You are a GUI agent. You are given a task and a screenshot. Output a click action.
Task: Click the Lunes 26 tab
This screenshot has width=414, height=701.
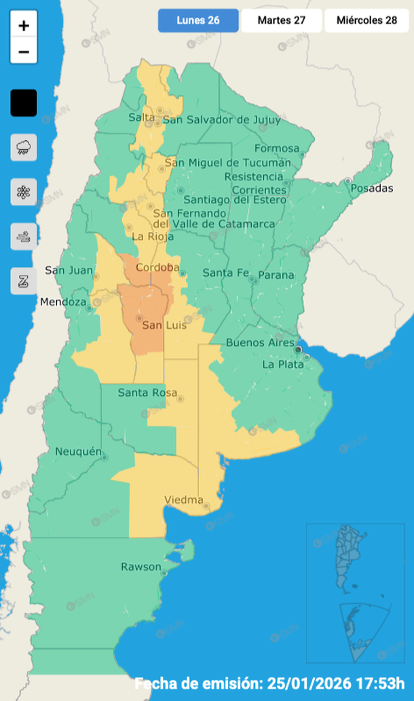click(198, 20)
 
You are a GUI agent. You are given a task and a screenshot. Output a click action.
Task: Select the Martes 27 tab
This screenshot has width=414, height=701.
click(281, 20)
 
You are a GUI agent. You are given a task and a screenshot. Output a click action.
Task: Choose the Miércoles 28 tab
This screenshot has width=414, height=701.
click(366, 20)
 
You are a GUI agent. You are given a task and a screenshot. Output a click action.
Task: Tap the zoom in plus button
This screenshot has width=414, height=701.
click(24, 26)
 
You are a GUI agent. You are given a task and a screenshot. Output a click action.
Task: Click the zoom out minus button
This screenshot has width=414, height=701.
click(24, 52)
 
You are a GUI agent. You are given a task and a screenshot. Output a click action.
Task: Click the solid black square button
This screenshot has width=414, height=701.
click(24, 103)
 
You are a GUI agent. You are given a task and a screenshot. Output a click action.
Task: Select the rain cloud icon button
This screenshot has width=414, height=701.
click(24, 147)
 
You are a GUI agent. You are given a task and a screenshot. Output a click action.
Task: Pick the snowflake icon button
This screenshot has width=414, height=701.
click(24, 192)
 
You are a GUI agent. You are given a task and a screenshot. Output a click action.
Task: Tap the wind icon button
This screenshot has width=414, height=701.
click(24, 237)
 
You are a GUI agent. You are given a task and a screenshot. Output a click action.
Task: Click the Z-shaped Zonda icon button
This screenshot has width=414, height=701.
click(24, 281)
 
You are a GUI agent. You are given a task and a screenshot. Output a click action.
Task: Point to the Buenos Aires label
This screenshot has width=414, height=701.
click(260, 342)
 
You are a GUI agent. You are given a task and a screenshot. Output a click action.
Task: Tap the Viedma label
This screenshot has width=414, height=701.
click(184, 500)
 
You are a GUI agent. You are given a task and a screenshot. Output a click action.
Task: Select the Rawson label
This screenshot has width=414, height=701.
click(140, 567)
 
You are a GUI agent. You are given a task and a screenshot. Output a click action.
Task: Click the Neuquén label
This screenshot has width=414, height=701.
click(78, 452)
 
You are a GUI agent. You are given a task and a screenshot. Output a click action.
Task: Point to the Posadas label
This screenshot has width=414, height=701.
click(372, 188)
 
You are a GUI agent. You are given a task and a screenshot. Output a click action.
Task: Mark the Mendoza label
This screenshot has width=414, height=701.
click(63, 302)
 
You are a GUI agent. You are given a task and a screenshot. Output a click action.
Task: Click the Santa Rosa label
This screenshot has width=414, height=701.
click(147, 393)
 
